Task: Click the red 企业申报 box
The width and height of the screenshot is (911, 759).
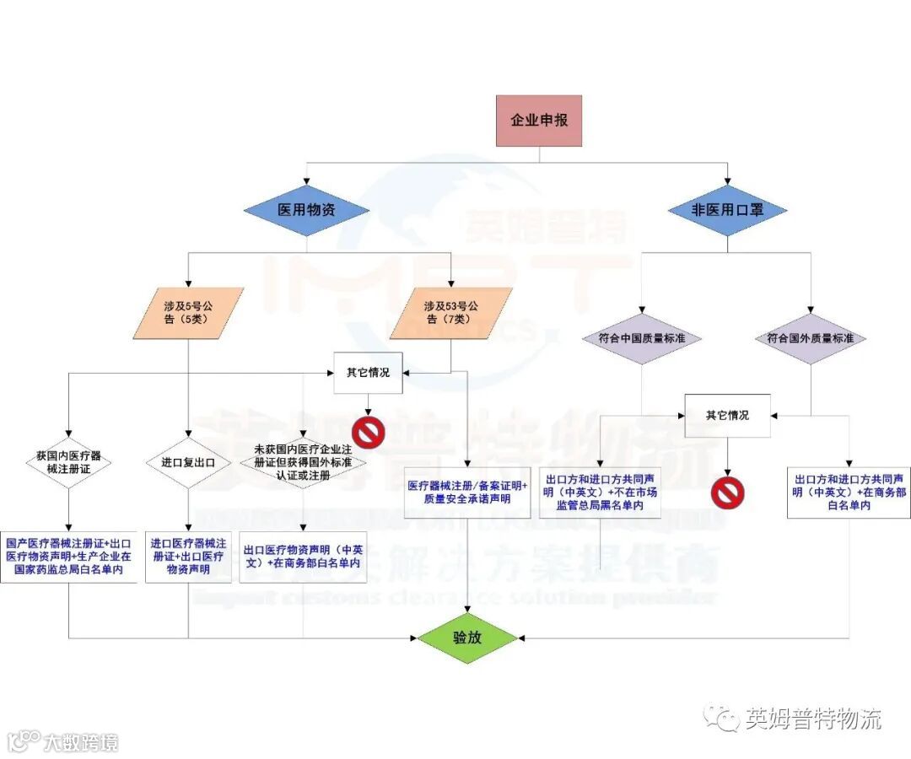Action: [x=538, y=121]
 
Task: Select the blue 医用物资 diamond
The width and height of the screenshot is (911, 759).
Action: [x=306, y=210]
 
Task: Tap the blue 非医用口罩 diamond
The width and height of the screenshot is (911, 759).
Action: [x=727, y=210]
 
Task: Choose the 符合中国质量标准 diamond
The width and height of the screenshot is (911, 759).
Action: [x=641, y=338]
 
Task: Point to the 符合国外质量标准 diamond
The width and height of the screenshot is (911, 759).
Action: [x=810, y=338]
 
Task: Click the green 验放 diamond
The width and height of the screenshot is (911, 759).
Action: [x=467, y=638]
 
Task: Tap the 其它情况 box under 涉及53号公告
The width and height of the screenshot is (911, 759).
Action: [x=369, y=373]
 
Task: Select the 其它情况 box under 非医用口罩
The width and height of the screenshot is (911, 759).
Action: [x=727, y=416]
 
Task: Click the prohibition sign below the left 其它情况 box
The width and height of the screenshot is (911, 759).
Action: [x=369, y=432]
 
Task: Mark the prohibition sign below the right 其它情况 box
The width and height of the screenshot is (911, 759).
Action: [x=727, y=492]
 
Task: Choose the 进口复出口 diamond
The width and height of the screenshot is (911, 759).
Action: [x=187, y=462]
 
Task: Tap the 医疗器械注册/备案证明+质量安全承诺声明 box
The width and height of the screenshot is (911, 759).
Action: [x=466, y=493]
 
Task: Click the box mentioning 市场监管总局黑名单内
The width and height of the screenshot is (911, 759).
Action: [x=600, y=492]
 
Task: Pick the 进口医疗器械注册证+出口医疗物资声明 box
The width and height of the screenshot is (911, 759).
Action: [x=186, y=557]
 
